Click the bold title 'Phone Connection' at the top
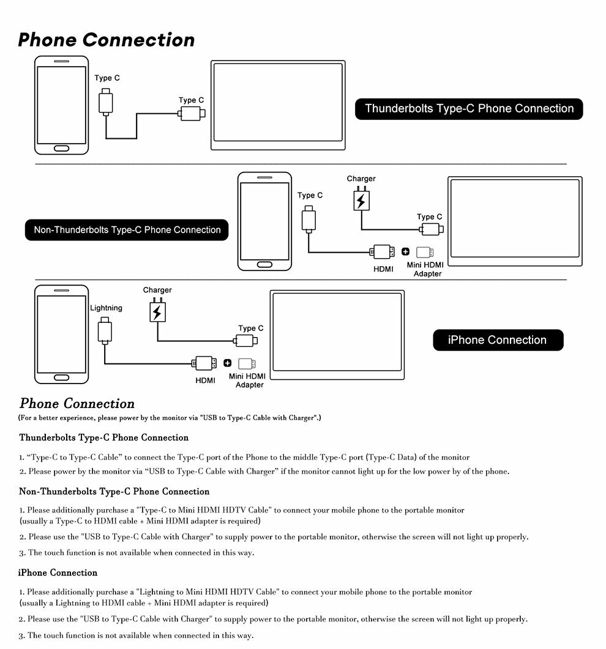(106, 40)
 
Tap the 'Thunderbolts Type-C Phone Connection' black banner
(469, 109)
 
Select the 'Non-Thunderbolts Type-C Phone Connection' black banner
(127, 230)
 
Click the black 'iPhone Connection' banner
(497, 340)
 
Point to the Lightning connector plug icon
(105, 331)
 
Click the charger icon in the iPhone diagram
(157, 312)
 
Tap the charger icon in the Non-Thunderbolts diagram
(361, 201)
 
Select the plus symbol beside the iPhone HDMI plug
(227, 363)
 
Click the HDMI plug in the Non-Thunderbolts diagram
(383, 251)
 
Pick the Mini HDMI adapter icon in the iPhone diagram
(247, 363)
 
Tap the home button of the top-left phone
(62, 149)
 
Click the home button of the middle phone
(264, 265)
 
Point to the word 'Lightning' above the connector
(106, 308)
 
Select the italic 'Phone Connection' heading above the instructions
(77, 404)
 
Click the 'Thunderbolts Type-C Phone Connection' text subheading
(104, 437)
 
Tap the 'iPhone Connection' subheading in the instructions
(58, 573)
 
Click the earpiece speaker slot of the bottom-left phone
(61, 291)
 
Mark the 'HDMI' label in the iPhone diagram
(205, 380)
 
